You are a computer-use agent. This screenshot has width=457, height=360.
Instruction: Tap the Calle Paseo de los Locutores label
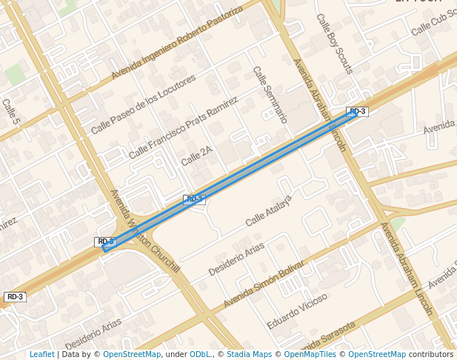tap(144, 104)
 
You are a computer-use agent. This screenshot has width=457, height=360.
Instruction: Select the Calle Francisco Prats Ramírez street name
tap(184, 127)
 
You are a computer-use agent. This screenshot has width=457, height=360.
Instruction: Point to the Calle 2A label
tap(196, 156)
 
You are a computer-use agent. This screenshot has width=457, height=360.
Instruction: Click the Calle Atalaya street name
tap(269, 211)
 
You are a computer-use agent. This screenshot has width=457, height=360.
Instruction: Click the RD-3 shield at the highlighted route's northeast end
tap(357, 112)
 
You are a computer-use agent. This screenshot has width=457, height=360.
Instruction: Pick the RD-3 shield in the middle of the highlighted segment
tap(194, 199)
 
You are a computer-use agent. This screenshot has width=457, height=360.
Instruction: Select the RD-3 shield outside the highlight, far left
tap(15, 297)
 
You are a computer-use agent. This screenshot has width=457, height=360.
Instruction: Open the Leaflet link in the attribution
tap(41, 354)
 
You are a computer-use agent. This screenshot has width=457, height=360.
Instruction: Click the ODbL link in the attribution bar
tap(200, 354)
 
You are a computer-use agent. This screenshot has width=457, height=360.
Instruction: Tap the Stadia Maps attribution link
tap(250, 354)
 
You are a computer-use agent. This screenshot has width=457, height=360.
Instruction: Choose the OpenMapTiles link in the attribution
tap(310, 354)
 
